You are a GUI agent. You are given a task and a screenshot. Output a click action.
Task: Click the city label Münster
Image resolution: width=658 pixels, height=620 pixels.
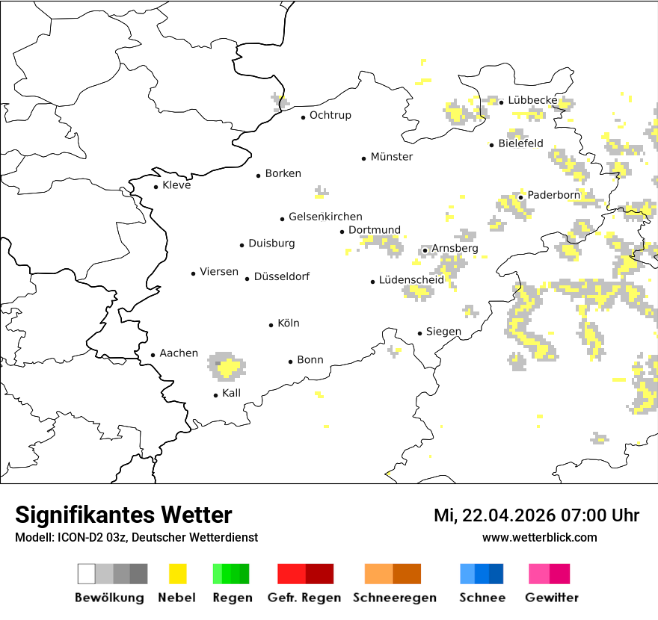coord(391,157)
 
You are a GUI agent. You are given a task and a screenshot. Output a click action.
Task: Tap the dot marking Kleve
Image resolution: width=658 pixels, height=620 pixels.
coord(156,187)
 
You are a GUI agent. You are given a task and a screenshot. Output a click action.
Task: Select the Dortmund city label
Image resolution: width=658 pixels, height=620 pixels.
coord(374,230)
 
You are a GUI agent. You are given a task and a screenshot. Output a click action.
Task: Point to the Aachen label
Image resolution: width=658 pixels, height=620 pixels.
coord(179,353)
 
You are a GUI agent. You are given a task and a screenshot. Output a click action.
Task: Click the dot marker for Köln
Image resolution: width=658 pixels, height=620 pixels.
coord(271,325)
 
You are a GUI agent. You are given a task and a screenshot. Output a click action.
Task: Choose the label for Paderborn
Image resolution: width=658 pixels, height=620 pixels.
coord(553,195)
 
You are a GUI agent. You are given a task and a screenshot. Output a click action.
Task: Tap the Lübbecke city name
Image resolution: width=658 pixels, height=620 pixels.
coord(532,100)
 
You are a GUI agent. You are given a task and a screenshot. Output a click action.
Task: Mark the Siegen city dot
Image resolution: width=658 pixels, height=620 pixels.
coord(420,333)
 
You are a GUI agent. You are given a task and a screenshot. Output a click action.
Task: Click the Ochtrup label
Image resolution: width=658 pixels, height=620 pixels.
coord(330,115)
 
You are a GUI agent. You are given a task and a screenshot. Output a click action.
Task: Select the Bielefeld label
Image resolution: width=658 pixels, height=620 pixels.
coord(520,143)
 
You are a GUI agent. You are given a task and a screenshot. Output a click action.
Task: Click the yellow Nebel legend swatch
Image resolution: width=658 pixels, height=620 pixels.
coord(177,574)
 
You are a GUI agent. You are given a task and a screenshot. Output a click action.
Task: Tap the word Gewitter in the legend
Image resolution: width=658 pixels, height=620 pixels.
coord(551,598)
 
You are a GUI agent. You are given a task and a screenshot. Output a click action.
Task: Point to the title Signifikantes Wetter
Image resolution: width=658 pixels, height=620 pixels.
coord(123,515)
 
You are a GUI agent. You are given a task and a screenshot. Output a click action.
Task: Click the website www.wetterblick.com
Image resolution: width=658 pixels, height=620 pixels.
coord(539,537)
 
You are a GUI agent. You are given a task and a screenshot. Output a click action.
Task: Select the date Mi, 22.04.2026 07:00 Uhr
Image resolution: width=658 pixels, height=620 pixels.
coord(536,515)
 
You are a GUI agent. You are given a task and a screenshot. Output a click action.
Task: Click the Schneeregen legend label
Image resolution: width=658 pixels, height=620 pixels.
coord(394,598)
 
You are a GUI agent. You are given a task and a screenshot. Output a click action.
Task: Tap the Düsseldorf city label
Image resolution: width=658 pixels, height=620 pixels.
coord(281,276)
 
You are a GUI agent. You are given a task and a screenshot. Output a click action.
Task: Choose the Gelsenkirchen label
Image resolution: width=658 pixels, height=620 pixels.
coord(325,217)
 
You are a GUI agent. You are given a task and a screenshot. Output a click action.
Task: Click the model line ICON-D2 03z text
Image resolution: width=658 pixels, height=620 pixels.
coord(136,537)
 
